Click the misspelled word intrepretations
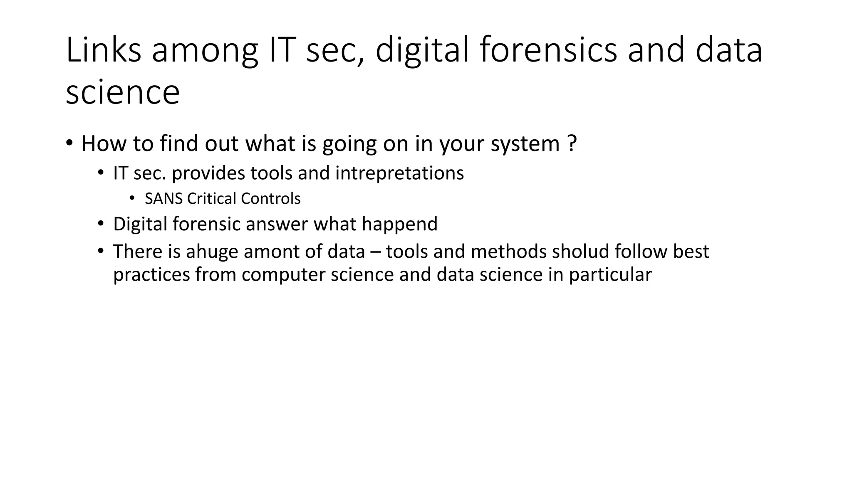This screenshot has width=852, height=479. click(399, 173)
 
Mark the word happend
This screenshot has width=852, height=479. click(399, 225)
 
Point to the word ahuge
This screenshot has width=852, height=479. click(212, 252)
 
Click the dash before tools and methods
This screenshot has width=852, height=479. click(375, 252)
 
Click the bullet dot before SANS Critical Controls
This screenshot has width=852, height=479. click(132, 198)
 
